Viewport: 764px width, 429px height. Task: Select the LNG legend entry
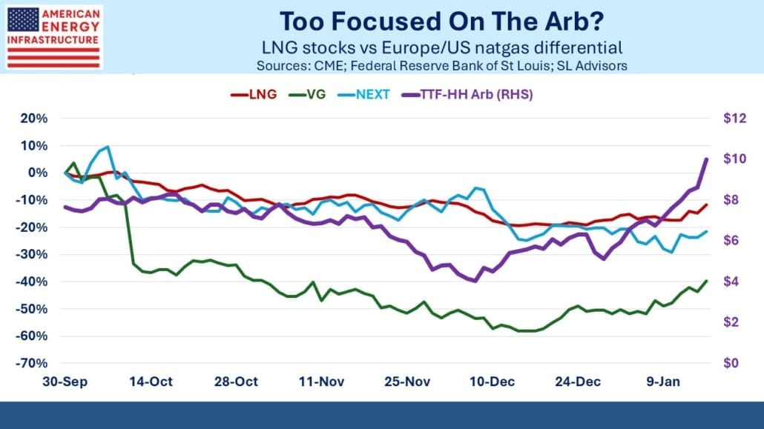pos(257,95)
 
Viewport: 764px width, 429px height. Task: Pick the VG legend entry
pos(313,95)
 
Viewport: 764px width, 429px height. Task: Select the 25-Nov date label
pos(406,382)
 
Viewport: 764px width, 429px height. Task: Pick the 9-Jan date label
pos(662,382)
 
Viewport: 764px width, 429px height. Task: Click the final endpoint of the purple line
pos(706,159)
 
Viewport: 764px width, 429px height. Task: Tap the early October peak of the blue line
pos(108,147)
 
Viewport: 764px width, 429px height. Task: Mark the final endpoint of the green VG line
pos(706,281)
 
